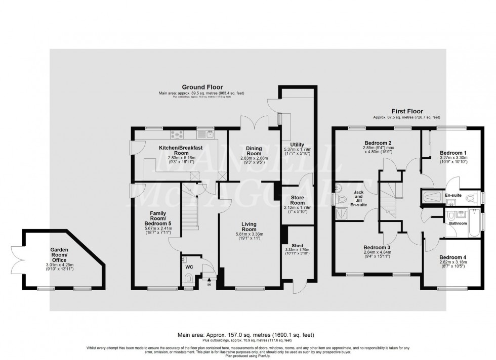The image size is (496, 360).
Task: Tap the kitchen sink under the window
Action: [x=209, y=134]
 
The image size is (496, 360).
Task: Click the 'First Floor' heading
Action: [x=407, y=111]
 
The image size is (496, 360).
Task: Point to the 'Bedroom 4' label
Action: [x=452, y=257]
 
